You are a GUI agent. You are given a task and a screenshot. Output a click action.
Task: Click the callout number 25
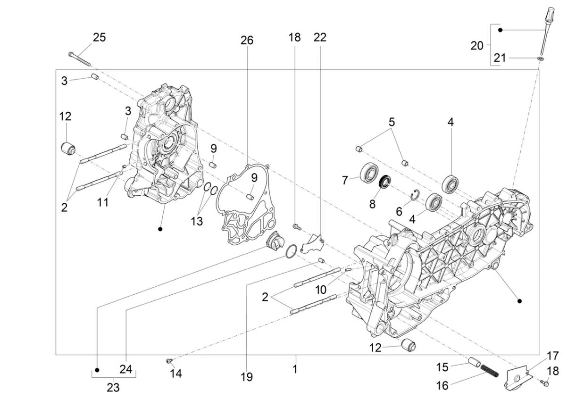(100, 38)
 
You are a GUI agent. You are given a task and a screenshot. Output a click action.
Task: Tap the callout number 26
(247, 41)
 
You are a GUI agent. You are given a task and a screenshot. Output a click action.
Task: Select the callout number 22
(320, 38)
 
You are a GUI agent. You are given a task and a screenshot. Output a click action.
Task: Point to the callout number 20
(477, 46)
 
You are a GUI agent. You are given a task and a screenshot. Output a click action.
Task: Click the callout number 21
(500, 58)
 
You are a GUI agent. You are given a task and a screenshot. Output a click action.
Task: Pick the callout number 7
(345, 180)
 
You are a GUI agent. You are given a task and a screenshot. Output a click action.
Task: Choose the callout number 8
(372, 204)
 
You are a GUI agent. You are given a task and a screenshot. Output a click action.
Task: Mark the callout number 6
(399, 212)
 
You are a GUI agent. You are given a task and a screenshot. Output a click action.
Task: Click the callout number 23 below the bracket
(113, 388)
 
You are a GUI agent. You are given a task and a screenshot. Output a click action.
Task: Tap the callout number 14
(176, 374)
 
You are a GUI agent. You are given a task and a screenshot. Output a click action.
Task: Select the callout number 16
(442, 386)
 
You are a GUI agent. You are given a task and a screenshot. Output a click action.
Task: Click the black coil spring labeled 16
(489, 371)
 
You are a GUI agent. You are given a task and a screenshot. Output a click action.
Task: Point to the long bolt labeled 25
(79, 59)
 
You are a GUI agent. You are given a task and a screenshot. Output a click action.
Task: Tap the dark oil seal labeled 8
(385, 181)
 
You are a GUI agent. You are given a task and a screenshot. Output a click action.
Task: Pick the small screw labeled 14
(169, 361)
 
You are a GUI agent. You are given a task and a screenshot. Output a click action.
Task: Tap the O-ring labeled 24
(291, 251)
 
